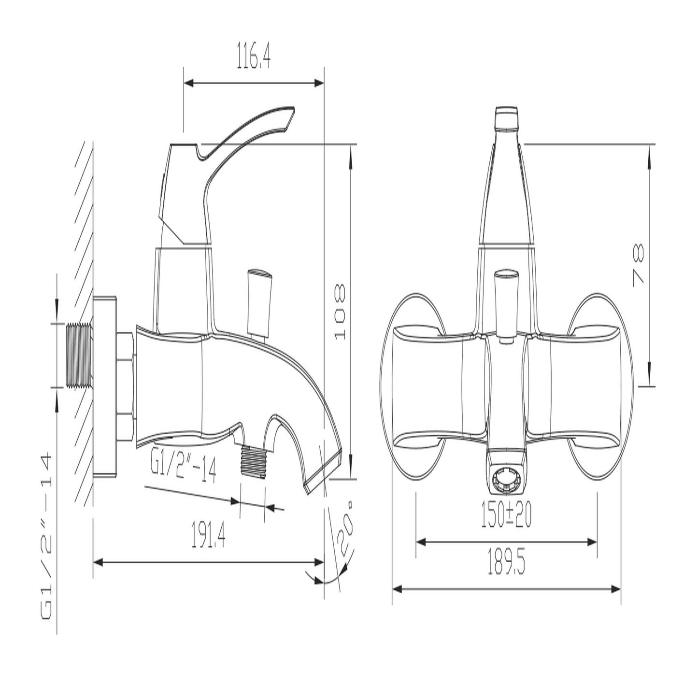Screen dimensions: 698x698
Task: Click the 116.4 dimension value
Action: pos(254,55)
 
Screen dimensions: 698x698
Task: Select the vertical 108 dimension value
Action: pos(340,312)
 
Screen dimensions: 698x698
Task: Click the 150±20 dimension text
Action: pos(506,515)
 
